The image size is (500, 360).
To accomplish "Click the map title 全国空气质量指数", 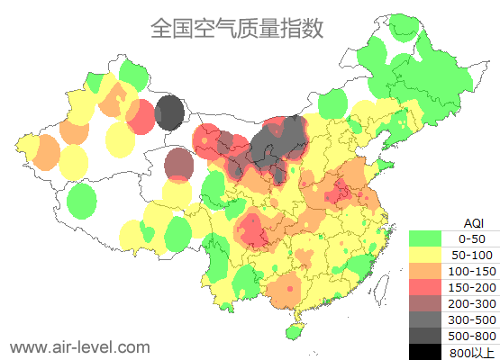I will point(236,28).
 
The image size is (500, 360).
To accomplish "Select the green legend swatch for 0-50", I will point(426,238).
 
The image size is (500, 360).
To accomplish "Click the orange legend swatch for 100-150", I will point(426,271).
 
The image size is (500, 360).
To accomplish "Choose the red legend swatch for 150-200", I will point(426,287).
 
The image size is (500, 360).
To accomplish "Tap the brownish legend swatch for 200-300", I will point(426,303).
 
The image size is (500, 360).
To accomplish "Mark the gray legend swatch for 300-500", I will point(426,319).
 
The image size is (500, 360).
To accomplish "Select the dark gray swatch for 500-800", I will point(426,336).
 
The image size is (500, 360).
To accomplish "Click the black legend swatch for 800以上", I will point(426,351).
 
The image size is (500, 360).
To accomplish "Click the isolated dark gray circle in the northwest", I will point(169,114).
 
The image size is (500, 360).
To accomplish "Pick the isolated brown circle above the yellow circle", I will point(179,164).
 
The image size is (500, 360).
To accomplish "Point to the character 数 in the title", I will point(311,28).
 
